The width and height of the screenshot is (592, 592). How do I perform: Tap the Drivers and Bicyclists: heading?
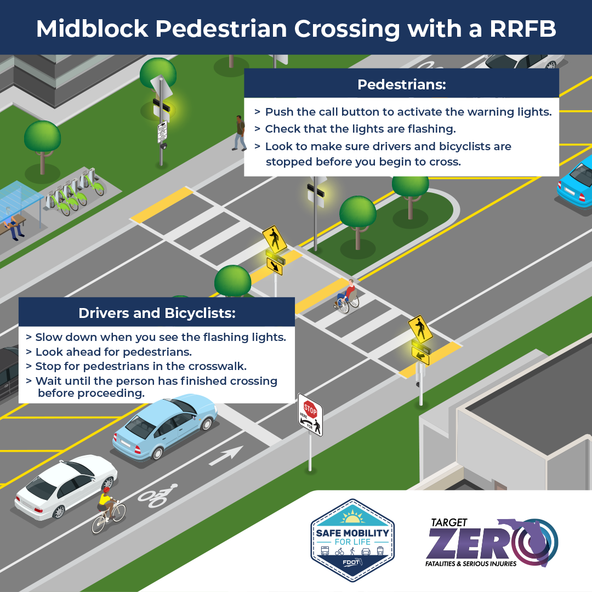pyautogui.click(x=157, y=313)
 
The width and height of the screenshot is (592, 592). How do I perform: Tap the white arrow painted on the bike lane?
pyautogui.click(x=226, y=454)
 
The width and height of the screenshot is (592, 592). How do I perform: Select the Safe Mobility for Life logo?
pyautogui.click(x=350, y=540)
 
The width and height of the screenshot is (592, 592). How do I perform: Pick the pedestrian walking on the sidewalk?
pyautogui.click(x=240, y=133)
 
